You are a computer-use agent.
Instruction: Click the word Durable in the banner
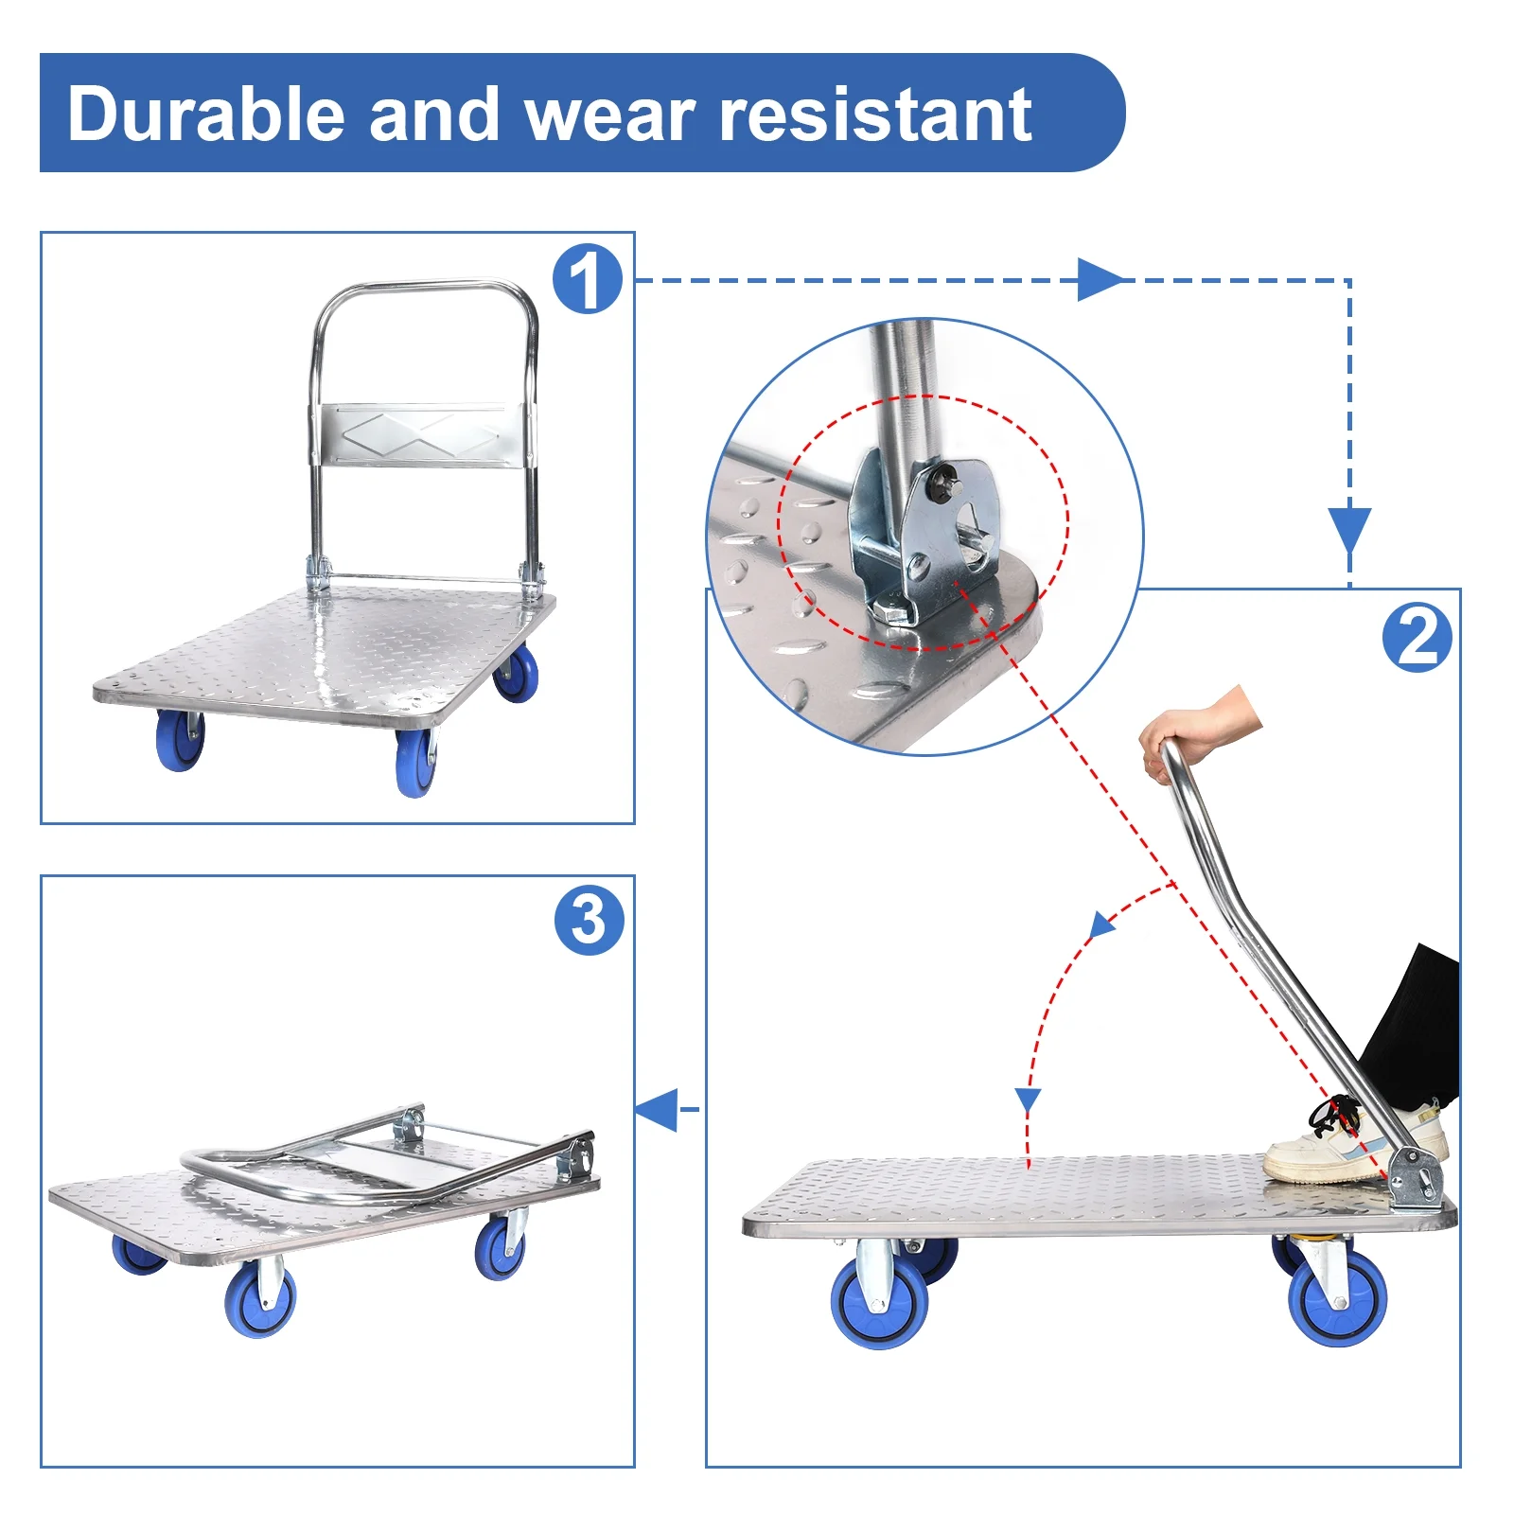pos(206,114)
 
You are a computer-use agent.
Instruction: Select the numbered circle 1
pos(588,279)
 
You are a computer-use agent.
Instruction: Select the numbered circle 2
pos(1417,638)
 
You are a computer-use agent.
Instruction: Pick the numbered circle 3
pos(589,920)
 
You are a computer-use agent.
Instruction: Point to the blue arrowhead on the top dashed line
pos(1100,280)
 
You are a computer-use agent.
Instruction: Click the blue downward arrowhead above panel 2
pos(1349,530)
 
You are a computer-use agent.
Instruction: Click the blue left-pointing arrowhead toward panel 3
pos(657,1109)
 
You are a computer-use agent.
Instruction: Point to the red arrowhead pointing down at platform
pos(1028,1101)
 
